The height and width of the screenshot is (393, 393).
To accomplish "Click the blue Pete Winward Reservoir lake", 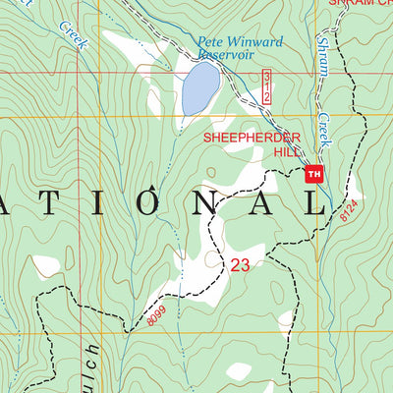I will (x=199, y=90).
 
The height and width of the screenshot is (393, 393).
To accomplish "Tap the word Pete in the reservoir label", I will (x=209, y=42).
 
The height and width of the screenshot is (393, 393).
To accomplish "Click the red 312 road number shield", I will (x=265, y=86).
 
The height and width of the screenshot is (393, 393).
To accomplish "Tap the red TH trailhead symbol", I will (x=314, y=175).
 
